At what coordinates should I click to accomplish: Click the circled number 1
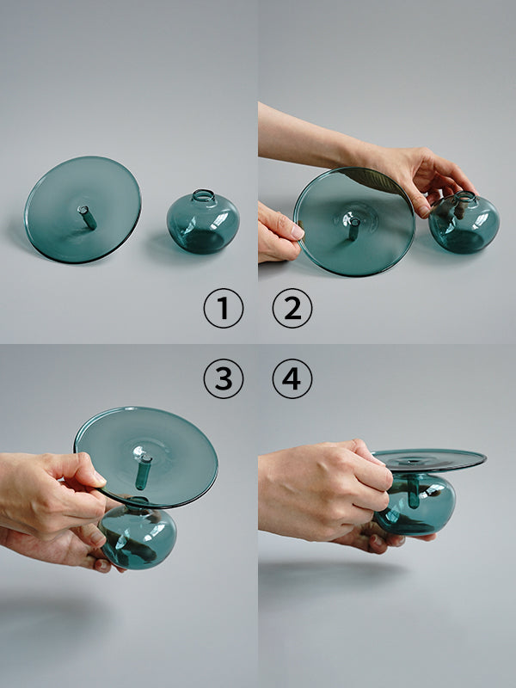(x=224, y=308)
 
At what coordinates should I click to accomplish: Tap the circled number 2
(x=292, y=308)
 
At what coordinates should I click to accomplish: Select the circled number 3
(x=224, y=378)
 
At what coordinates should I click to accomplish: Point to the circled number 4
(x=292, y=378)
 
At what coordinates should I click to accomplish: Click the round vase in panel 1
(x=203, y=222)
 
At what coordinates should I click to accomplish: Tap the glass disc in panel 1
(x=83, y=210)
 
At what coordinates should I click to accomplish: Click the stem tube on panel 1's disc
(x=88, y=218)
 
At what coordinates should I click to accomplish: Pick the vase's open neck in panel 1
(x=204, y=195)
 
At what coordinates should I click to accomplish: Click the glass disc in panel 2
(x=354, y=222)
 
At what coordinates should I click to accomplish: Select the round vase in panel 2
(x=464, y=224)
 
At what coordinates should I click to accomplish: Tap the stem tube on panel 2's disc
(x=353, y=229)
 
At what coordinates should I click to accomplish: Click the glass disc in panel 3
(x=146, y=457)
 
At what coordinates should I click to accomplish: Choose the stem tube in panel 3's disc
(x=143, y=471)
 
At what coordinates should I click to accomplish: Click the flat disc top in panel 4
(x=429, y=460)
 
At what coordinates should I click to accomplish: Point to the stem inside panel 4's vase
(x=414, y=493)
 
